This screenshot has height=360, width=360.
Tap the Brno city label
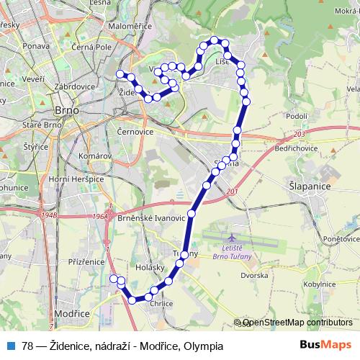[67, 112]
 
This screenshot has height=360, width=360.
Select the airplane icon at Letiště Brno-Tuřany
[231, 238]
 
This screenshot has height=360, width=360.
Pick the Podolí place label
[297, 115]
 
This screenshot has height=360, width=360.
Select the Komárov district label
[94, 155]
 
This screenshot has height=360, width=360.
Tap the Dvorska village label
[255, 276]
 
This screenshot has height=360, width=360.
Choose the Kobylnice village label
[319, 284]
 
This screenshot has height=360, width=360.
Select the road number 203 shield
[300, 135]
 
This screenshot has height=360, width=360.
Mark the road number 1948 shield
[49, 215]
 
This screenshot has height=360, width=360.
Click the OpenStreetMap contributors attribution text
[297, 323]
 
